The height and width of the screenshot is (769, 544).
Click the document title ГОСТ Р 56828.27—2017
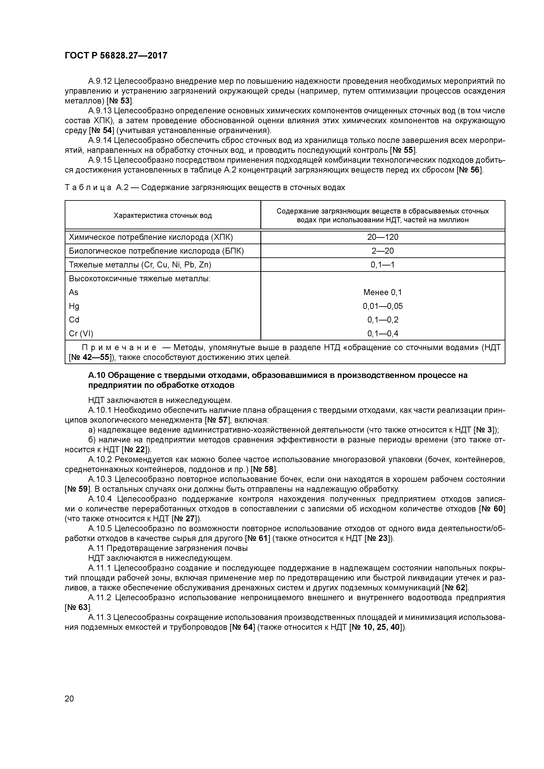(116, 56)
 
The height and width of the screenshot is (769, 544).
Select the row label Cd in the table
(74, 320)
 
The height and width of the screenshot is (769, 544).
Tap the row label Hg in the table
(74, 306)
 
